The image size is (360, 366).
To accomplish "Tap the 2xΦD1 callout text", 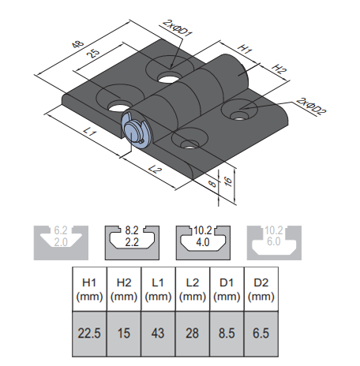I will pyautogui.click(x=176, y=29).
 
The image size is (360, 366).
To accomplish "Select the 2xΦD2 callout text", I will pyautogui.click(x=311, y=103).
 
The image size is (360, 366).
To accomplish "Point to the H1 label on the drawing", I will pyautogui.click(x=246, y=49).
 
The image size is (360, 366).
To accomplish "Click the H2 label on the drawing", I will pyautogui.click(x=278, y=69).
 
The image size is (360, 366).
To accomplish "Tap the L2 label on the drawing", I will pyautogui.click(x=155, y=170).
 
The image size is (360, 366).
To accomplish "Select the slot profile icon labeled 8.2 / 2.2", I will pyautogui.click(x=132, y=241).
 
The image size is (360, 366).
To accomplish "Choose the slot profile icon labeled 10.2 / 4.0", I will pyautogui.click(x=203, y=241).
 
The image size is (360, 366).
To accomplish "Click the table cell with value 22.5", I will pyautogui.click(x=88, y=331).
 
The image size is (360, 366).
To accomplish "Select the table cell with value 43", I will pyautogui.click(x=158, y=331).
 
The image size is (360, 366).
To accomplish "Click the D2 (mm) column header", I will pyautogui.click(x=261, y=289).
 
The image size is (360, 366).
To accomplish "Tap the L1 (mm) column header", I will pyautogui.click(x=158, y=289).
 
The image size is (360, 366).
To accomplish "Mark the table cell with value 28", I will pyautogui.click(x=193, y=331).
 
